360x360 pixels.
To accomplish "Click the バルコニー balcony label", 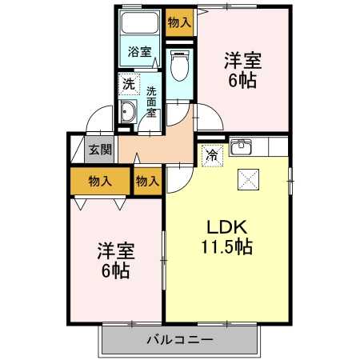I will click(180, 340).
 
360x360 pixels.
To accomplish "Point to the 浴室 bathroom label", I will click(140, 53).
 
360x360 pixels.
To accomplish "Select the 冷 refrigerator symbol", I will click(211, 154).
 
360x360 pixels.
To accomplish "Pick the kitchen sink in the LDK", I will click(242, 147).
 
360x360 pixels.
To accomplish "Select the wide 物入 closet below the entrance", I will click(99, 182).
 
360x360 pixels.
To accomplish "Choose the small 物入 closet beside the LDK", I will click(147, 182).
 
